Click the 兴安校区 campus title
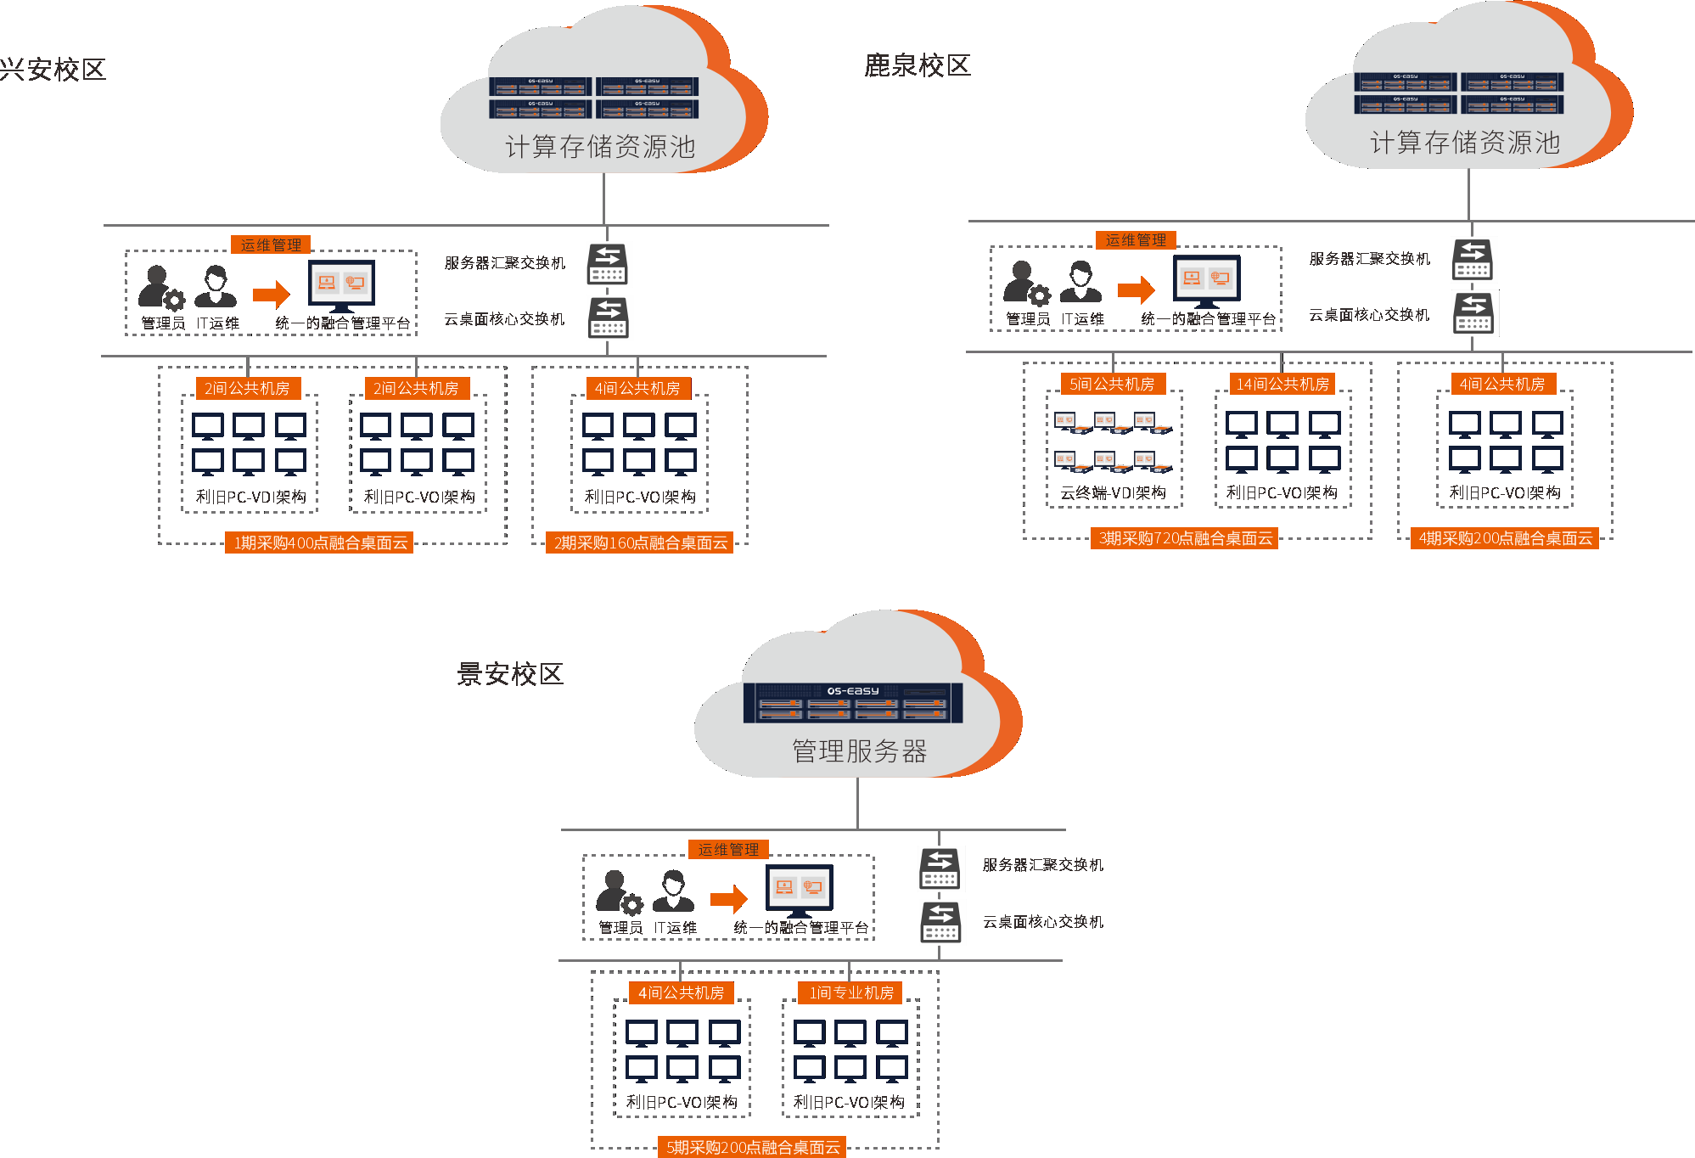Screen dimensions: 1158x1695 [x=53, y=70]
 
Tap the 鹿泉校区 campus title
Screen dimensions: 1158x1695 [x=917, y=65]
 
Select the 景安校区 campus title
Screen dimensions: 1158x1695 [x=510, y=674]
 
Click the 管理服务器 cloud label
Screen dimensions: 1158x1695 [x=859, y=750]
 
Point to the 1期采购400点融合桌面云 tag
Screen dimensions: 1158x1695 [x=320, y=542]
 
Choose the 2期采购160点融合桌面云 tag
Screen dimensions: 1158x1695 [x=640, y=542]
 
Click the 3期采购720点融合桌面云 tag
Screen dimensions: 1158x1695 [x=1185, y=538]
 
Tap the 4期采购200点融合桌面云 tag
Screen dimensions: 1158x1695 [x=1505, y=538]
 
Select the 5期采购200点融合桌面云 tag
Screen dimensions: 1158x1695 [x=753, y=1148]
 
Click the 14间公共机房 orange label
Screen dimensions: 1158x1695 [x=1282, y=384]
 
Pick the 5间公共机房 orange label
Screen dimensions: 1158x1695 [x=1112, y=384]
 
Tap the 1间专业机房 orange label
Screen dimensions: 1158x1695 [x=850, y=992]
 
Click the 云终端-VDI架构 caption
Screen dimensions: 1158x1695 [x=1113, y=492]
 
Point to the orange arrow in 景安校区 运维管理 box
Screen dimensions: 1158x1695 [x=728, y=898]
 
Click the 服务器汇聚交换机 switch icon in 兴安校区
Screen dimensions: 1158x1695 [x=608, y=264]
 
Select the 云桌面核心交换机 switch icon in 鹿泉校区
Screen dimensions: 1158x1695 [x=1473, y=313]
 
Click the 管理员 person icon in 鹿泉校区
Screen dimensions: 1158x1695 [x=1024, y=283]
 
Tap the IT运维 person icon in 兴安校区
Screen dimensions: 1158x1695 [x=216, y=286]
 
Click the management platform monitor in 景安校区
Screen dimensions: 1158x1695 [x=799, y=889]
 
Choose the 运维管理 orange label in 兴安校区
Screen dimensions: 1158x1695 [x=271, y=245]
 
